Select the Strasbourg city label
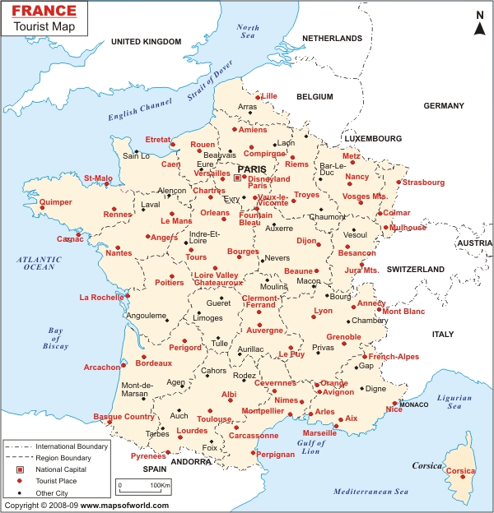click(x=424, y=182)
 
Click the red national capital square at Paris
click(x=237, y=177)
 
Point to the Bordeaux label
click(x=153, y=363)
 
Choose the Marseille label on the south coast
click(x=319, y=432)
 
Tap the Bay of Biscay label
click(x=55, y=339)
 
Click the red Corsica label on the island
click(x=460, y=471)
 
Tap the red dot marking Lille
click(x=258, y=97)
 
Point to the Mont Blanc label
click(x=403, y=312)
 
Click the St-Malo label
click(x=98, y=177)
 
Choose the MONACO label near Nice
click(x=414, y=404)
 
